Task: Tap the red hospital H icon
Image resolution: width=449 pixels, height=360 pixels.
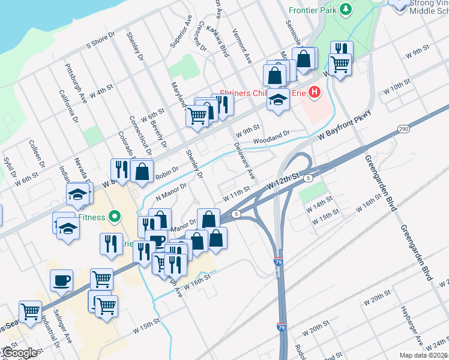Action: (313, 92)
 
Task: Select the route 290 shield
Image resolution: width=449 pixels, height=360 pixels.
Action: (403, 129)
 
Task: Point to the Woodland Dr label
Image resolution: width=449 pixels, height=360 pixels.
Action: (271, 137)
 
